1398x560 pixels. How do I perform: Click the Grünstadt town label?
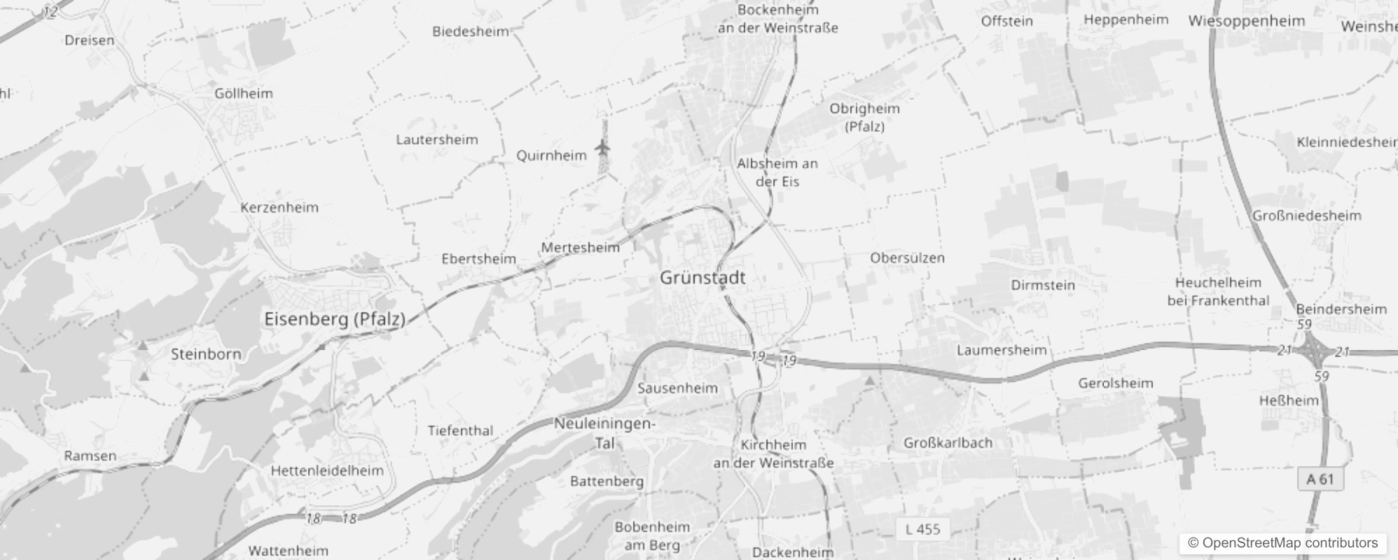pos(703,278)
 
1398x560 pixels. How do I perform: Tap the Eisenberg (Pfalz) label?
pos(335,319)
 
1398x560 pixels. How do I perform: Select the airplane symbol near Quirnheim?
pos(602,148)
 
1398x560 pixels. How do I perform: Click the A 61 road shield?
pos(1320,479)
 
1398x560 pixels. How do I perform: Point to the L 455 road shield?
pos(922,529)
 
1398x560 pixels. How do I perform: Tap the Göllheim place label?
pos(244,93)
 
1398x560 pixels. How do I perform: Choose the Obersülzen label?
pos(907,258)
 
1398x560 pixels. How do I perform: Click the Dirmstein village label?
pos(1042,285)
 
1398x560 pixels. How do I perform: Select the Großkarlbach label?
pos(948,442)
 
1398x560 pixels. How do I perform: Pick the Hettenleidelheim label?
pos(327,470)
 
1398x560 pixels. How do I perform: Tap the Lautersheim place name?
pos(437,139)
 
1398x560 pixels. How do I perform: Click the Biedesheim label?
pos(470,31)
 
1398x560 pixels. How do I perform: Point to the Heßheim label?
pos(1289,400)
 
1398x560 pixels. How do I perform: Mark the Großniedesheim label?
pos(1307,216)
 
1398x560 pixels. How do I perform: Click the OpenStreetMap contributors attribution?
pos(1282,543)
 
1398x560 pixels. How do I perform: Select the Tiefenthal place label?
pos(460,430)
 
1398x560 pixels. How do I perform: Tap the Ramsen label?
pos(90,456)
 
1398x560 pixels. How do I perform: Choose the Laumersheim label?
pos(1002,350)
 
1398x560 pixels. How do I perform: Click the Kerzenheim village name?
pos(279,207)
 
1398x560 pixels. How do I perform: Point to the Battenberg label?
pos(607,481)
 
